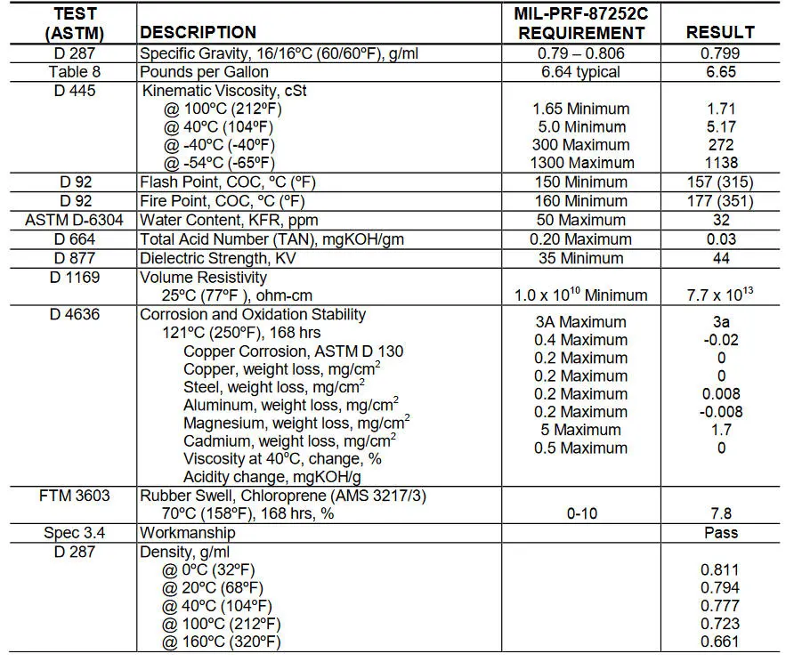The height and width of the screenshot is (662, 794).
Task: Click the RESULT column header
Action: pyautogui.click(x=720, y=32)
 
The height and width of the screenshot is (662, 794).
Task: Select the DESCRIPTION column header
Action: pyautogui.click(x=198, y=32)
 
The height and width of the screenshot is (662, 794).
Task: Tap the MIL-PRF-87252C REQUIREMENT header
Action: pyautogui.click(x=581, y=23)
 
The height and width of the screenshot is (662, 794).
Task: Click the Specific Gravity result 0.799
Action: pyautogui.click(x=720, y=53)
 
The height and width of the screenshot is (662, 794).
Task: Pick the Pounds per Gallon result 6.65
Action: pyautogui.click(x=720, y=72)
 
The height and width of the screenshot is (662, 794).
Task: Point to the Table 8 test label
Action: pyautogui.click(x=75, y=72)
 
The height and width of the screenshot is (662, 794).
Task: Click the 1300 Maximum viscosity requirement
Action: pyautogui.click(x=581, y=163)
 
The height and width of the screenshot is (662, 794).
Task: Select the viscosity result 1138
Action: pyautogui.click(x=720, y=163)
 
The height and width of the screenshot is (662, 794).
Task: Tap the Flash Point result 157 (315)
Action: pyautogui.click(x=720, y=182)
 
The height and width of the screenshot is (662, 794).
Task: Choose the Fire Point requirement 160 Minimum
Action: pyautogui.click(x=581, y=201)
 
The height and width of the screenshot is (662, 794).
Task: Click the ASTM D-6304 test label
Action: pyautogui.click(x=75, y=220)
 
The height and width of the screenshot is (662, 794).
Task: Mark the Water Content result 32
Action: pyautogui.click(x=720, y=220)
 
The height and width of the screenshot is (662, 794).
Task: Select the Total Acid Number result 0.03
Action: pyautogui.click(x=720, y=238)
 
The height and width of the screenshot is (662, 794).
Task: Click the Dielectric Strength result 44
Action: pyautogui.click(x=720, y=258)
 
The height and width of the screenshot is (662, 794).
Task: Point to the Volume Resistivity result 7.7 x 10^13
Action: pyautogui.click(x=720, y=295)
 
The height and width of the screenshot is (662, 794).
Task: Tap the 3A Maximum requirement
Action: pyautogui.click(x=581, y=322)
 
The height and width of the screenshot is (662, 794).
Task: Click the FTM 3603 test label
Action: pyautogui.click(x=75, y=496)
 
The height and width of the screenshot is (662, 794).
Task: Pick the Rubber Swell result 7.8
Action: pyautogui.click(x=720, y=513)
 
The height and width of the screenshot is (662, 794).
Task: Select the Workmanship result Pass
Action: pyautogui.click(x=720, y=533)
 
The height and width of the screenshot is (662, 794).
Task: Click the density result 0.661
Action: pyautogui.click(x=720, y=642)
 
